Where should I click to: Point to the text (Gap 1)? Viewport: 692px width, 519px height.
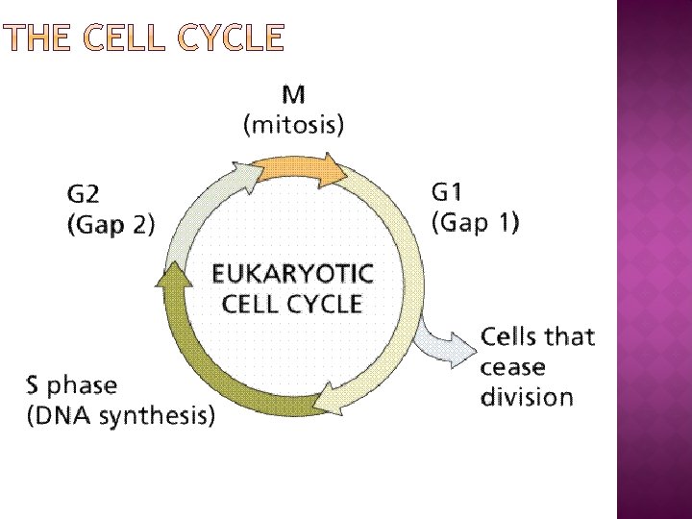[x=475, y=223]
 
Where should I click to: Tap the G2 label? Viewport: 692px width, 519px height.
[x=83, y=195]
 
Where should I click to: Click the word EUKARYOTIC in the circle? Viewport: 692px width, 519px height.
[x=292, y=274]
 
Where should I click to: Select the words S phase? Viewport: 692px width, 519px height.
[x=72, y=385]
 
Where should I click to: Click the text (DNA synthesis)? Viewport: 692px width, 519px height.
[x=121, y=416]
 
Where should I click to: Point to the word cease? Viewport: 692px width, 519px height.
[x=512, y=367]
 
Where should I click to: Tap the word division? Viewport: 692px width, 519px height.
[x=527, y=397]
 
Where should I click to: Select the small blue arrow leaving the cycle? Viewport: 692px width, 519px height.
[x=445, y=338]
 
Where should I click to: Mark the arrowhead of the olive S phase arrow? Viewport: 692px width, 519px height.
[x=174, y=278]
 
